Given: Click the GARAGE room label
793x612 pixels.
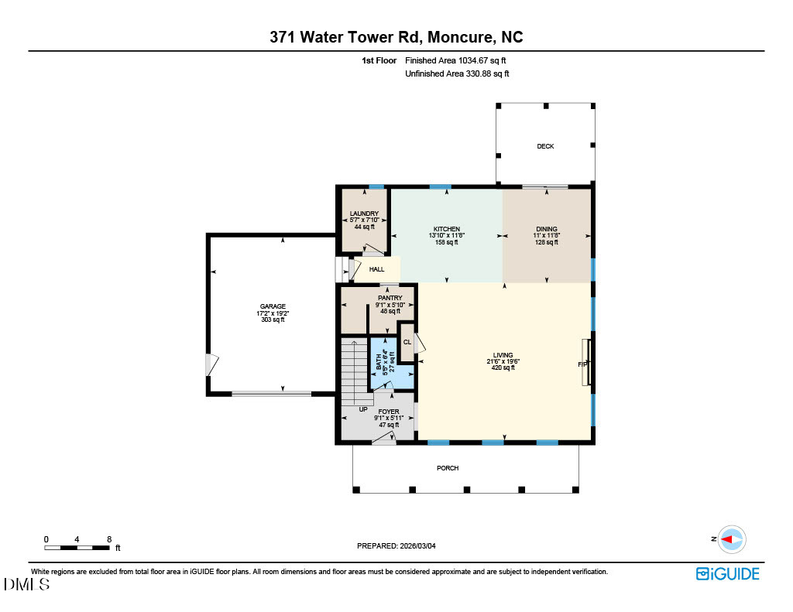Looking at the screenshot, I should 273,306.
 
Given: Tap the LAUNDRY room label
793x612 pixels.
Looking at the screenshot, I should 364,214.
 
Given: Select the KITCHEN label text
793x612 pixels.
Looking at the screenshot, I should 447,229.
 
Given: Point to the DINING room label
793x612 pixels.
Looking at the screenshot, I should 547,229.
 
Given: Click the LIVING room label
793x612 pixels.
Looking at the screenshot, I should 503,355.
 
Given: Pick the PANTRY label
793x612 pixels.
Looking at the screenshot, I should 390,298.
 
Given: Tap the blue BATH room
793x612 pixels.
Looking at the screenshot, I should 392,362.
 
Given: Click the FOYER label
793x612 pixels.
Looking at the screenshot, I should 389,412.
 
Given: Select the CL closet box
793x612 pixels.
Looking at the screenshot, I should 407,342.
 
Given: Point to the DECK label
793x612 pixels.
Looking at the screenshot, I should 546,146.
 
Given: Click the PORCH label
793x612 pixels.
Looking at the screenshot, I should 448,468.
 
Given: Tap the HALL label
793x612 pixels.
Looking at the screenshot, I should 376,269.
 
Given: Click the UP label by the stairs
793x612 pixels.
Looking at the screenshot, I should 362,409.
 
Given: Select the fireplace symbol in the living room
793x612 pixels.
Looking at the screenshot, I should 588,363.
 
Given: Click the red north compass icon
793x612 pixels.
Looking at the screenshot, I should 730,538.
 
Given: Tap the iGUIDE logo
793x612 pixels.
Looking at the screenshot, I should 727,573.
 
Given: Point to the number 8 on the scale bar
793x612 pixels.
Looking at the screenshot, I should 109,538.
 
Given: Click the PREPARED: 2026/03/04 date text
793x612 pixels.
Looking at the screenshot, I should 396,545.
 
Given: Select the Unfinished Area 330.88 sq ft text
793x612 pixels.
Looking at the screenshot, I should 457,74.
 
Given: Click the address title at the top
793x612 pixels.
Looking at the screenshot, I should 396,36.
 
